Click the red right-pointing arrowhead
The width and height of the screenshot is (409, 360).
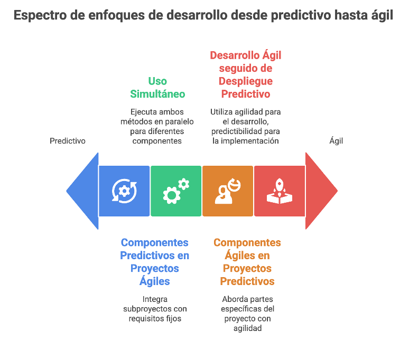(x=320, y=191)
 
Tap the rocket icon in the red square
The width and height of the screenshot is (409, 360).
(x=280, y=191)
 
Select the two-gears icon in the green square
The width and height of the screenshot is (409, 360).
(x=176, y=191)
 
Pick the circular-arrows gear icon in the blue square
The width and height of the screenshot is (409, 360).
(x=124, y=191)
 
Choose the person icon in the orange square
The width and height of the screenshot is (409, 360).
(x=228, y=191)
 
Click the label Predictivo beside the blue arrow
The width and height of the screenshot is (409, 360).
(x=68, y=141)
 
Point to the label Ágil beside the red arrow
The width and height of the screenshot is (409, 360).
(x=336, y=141)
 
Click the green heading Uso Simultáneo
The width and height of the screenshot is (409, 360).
(x=157, y=88)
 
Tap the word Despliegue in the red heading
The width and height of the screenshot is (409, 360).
(x=246, y=81)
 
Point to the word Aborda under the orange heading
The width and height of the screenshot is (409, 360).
(x=235, y=299)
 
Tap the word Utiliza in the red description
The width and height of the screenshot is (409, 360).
(x=223, y=112)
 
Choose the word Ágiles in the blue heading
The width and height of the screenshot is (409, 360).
(x=155, y=281)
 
